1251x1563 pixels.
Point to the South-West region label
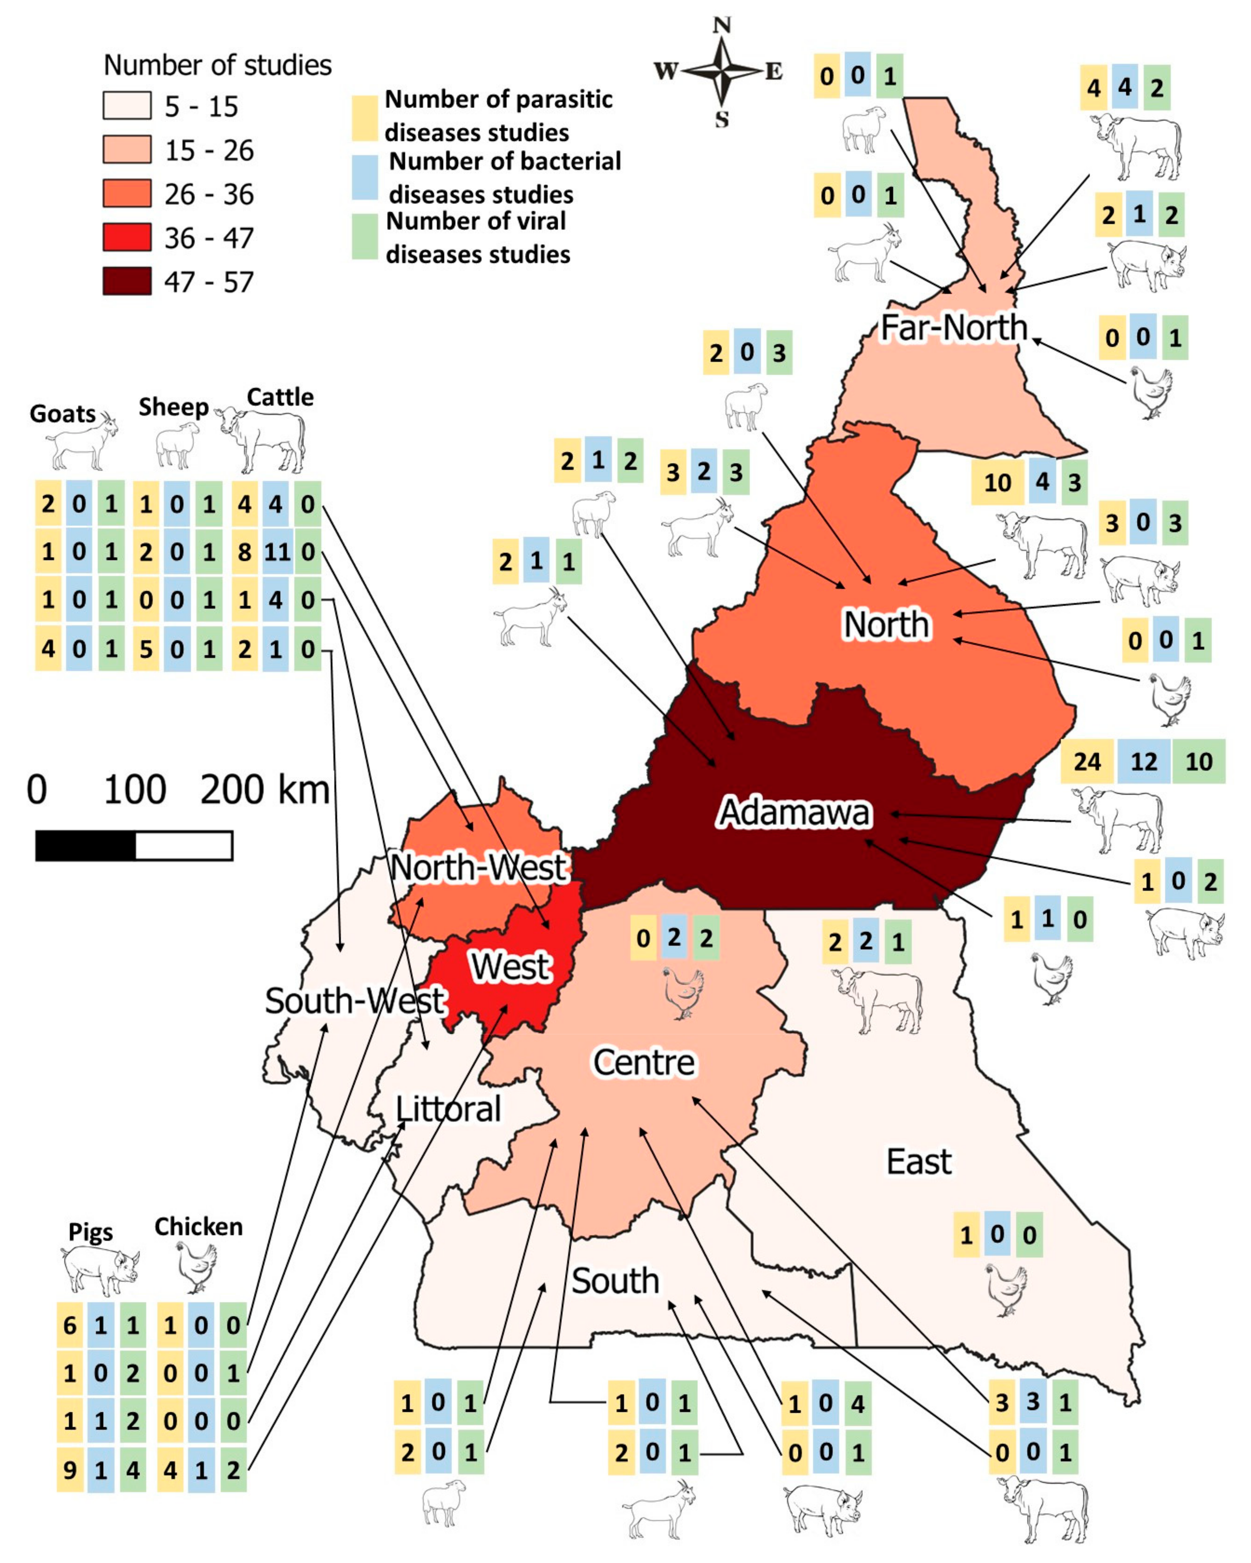354,1001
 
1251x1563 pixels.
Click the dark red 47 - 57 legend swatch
127,281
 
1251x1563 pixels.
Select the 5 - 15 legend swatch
127,106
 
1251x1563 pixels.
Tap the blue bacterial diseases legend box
365,178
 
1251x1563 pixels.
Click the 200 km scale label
265,790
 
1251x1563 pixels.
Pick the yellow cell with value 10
997,482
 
